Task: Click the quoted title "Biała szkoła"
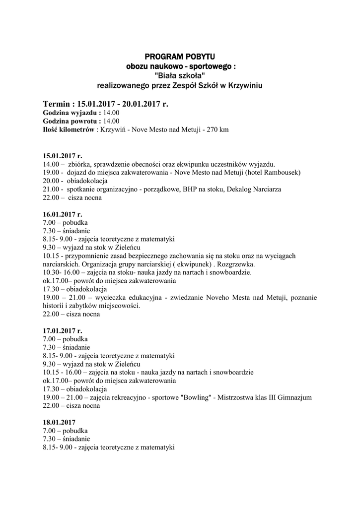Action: point(180,76)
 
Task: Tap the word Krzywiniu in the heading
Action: point(245,86)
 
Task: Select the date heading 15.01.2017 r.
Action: point(63,156)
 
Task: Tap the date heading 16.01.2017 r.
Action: point(63,214)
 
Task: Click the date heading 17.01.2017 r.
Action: point(63,330)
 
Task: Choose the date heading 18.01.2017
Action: point(59,422)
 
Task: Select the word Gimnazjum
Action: point(295,397)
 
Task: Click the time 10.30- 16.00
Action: point(61,272)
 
